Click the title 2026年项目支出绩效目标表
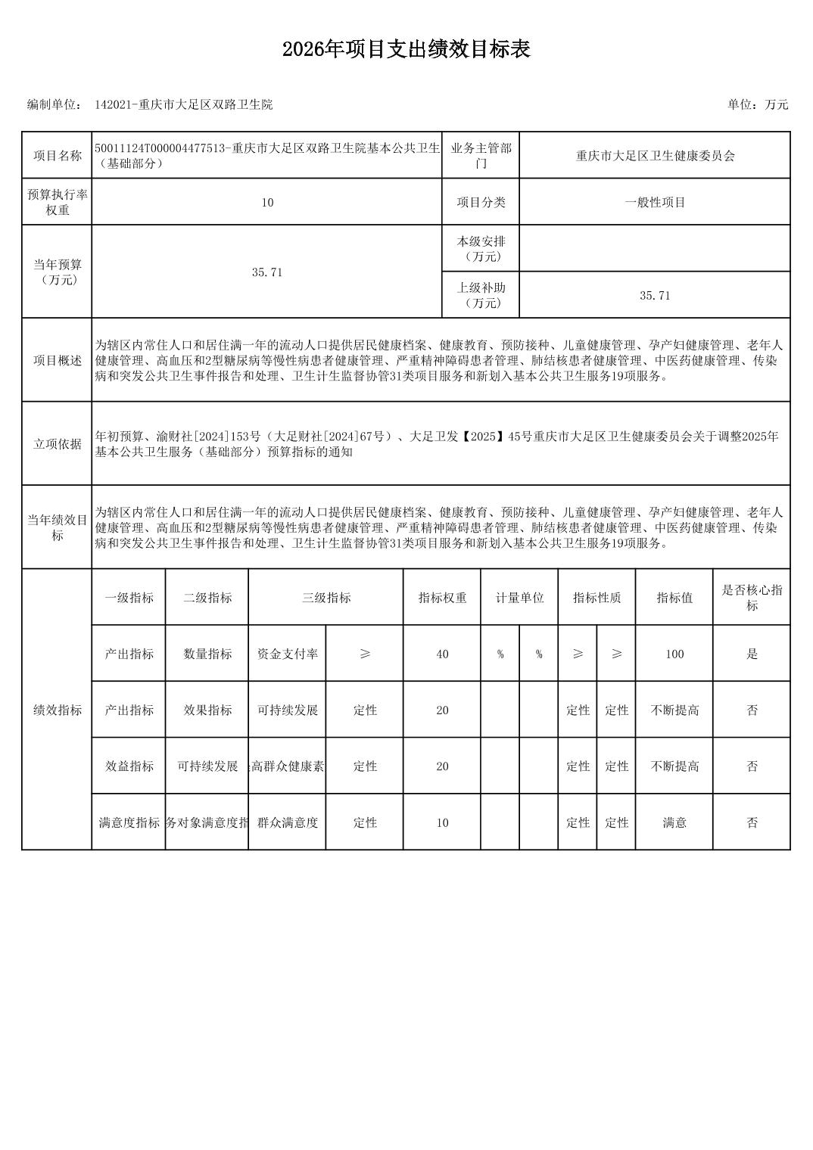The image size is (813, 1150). [x=406, y=50]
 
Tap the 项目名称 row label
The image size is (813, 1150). [x=57, y=156]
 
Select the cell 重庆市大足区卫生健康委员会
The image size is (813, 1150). [x=655, y=156]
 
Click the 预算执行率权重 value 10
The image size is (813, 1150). [x=266, y=203]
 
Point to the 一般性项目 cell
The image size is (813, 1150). [x=655, y=203]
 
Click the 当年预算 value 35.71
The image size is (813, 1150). [x=266, y=272]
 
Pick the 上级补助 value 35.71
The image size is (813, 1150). [x=655, y=296]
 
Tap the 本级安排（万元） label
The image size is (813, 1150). [x=481, y=249]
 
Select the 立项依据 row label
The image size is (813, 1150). [x=57, y=444]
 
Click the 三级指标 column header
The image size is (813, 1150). [x=326, y=598]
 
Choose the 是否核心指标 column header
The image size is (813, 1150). [x=751, y=598]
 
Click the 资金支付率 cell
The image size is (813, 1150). [x=288, y=654]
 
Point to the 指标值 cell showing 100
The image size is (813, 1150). [x=674, y=654]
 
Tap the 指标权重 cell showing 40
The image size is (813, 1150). [x=442, y=654]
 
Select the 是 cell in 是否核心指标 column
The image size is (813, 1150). [x=751, y=654]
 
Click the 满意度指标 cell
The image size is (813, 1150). [x=129, y=822]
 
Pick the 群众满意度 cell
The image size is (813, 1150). [x=288, y=822]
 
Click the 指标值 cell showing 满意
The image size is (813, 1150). [x=674, y=822]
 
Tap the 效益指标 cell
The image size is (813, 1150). [x=129, y=766]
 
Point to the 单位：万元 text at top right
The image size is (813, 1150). [x=757, y=105]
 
